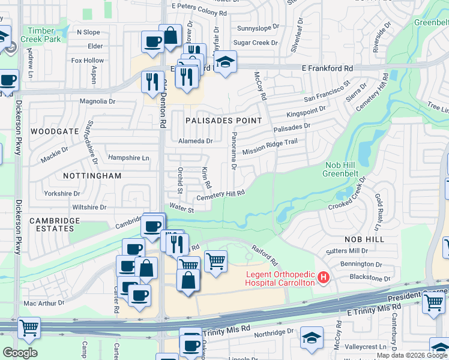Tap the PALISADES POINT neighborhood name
[224, 121]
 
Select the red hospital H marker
[324, 277]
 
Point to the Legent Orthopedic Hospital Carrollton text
[280, 278]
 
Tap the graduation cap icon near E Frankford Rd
[225, 62]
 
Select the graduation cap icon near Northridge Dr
[312, 337]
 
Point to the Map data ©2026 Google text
[412, 355]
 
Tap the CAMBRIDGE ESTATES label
[55, 224]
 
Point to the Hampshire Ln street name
[128, 158]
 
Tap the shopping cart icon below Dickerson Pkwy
[29, 328]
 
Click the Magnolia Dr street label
[97, 102]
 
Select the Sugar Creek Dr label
[256, 43]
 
